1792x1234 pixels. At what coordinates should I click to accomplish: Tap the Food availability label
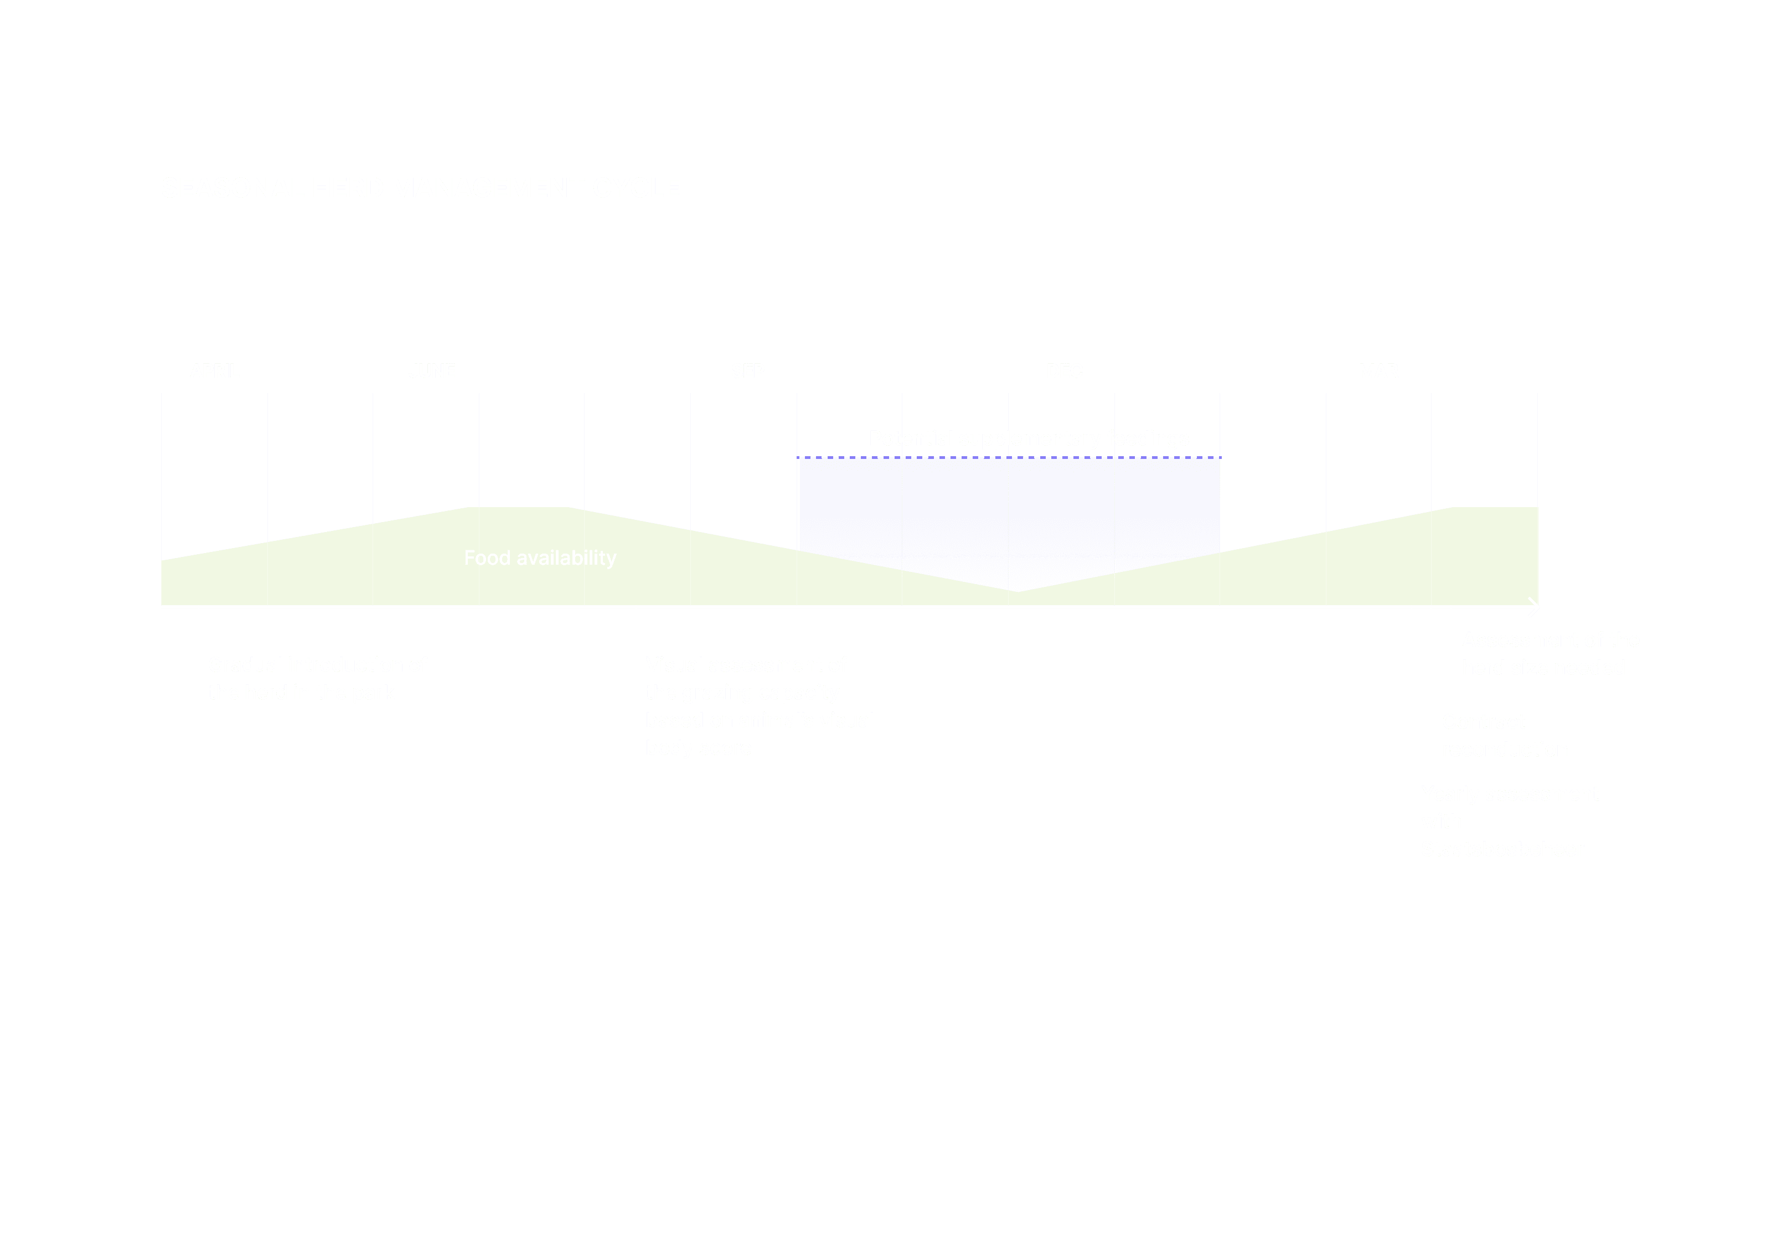tap(540, 557)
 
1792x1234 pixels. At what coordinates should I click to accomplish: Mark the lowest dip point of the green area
tap(1018, 591)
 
